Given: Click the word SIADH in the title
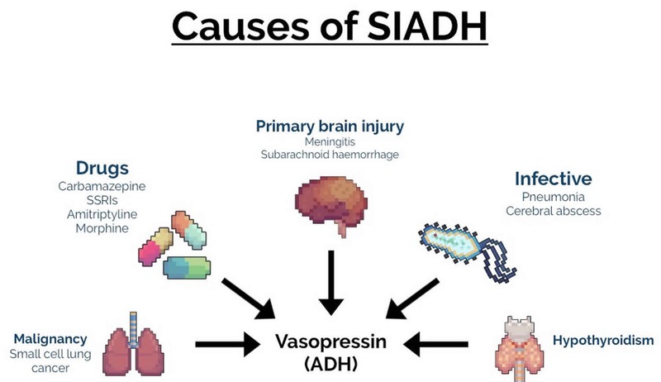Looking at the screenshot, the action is click(427, 26).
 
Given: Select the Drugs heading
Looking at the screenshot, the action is click(102, 168).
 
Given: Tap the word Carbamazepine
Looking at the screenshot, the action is click(102, 186).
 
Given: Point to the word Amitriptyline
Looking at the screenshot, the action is click(102, 214).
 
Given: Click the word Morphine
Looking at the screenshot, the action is click(102, 228).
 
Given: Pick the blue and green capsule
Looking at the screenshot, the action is click(187, 268).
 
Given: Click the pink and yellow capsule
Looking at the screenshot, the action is click(155, 246).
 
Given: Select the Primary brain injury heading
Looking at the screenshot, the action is click(330, 126).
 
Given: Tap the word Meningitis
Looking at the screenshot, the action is click(330, 141).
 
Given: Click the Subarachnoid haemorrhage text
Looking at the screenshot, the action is click(330, 155).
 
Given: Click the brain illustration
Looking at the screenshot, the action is click(331, 204).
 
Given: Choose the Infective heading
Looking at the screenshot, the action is click(553, 179).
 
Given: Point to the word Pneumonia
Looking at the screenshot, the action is click(553, 197).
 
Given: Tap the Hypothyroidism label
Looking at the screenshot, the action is click(603, 341).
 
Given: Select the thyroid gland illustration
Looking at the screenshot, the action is click(520, 346).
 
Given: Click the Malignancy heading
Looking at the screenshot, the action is click(50, 339).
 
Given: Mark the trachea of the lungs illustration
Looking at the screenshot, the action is click(133, 329).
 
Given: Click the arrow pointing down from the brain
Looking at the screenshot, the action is click(331, 283).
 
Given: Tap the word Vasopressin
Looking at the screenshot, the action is click(330, 341).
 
